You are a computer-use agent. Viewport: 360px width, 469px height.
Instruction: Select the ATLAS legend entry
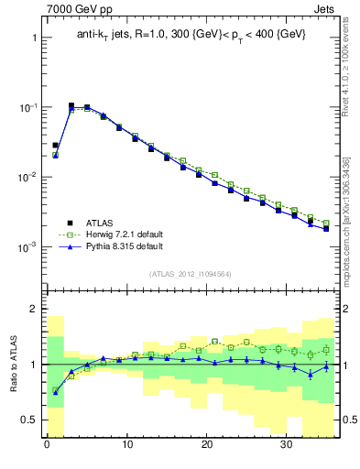[x=102, y=222]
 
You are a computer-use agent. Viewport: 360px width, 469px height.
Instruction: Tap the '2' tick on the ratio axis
[x=34, y=309]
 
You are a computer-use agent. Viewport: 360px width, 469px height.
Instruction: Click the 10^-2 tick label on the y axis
[x=27, y=178]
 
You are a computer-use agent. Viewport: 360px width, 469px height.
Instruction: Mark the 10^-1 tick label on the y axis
[x=27, y=108]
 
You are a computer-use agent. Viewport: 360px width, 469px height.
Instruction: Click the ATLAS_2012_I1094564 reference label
[x=191, y=274]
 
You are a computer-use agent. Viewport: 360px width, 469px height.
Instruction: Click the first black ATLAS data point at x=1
[x=55, y=145]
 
